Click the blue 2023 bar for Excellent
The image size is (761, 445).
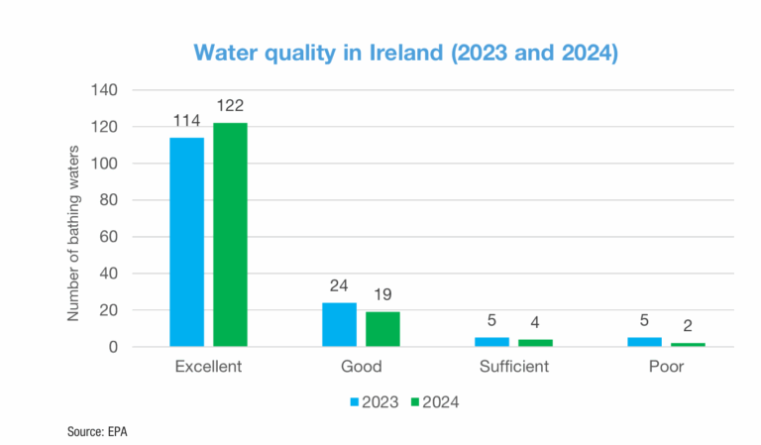point(186,242)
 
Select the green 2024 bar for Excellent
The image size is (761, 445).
point(230,235)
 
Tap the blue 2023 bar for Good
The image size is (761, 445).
point(339,324)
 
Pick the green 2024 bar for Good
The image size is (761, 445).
point(382,329)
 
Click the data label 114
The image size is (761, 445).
point(186,121)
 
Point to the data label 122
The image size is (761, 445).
point(230,106)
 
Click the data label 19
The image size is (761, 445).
point(382,295)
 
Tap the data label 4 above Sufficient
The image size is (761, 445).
point(535,323)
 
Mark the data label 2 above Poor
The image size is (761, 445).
point(688,327)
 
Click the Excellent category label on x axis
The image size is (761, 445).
point(208,367)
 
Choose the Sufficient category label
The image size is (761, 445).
point(513,367)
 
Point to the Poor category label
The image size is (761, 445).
point(666,367)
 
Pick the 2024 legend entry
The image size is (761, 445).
point(435,402)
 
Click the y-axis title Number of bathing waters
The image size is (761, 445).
point(73,218)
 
